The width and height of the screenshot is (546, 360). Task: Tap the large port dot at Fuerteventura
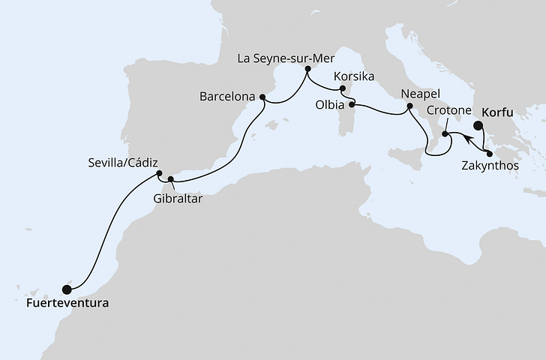click(67, 289)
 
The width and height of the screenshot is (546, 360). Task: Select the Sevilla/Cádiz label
click(122, 160)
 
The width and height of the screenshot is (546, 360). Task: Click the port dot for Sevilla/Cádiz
click(159, 173)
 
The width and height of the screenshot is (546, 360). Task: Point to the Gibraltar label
click(177, 199)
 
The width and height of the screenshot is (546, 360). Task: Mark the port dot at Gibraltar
click(171, 179)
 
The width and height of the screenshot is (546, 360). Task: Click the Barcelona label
click(228, 97)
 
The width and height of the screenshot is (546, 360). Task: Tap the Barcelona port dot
click(262, 96)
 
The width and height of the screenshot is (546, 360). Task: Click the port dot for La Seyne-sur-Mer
click(307, 70)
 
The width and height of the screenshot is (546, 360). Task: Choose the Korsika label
click(355, 77)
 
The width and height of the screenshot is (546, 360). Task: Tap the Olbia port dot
click(351, 105)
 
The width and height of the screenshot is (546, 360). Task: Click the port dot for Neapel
click(409, 107)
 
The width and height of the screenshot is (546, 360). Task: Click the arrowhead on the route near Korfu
click(466, 138)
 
